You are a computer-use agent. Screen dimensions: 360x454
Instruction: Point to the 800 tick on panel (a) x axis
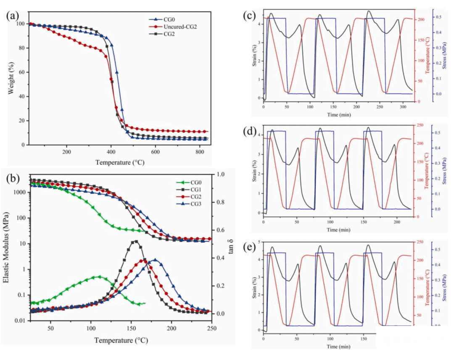200,152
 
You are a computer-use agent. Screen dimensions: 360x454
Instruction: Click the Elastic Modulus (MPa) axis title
6,248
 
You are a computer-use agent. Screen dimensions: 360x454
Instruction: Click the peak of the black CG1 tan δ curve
135,241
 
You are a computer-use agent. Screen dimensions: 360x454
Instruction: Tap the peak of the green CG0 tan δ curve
99,276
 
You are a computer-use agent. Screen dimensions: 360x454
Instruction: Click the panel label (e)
250,247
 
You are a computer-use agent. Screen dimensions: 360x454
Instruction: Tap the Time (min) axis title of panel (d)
339,230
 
